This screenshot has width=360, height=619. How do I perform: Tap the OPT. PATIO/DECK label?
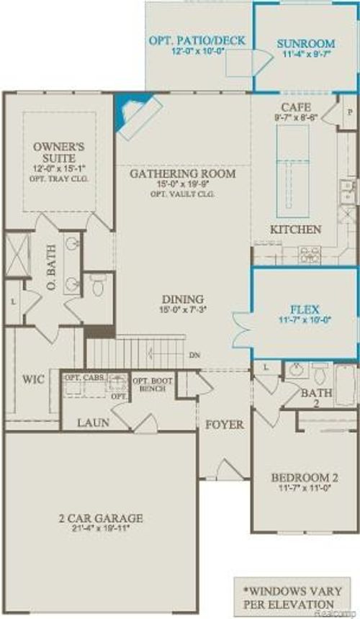click(x=197, y=41)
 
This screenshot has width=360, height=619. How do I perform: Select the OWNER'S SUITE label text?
click(x=59, y=152)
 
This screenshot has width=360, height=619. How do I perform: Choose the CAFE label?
click(x=295, y=107)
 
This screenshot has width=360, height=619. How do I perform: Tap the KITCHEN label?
click(x=295, y=229)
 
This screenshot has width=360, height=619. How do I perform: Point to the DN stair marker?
click(x=194, y=355)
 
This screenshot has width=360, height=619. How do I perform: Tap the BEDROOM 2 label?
click(x=304, y=478)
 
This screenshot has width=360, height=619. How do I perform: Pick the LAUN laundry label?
click(x=94, y=423)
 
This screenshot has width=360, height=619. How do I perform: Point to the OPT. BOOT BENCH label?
click(x=151, y=384)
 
